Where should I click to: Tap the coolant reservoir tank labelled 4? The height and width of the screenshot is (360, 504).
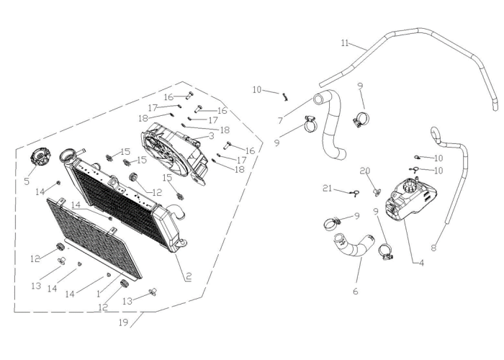411,200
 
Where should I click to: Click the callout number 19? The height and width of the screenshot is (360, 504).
123,323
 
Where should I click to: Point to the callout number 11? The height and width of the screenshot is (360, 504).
345,43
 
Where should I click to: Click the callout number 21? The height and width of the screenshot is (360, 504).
327,189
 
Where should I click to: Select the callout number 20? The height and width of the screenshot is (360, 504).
365,171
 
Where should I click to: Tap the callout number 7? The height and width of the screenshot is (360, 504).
280,120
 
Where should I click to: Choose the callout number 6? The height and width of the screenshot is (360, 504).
355,292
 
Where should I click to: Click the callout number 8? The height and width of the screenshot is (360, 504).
434,248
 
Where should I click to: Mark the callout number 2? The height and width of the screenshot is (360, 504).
189,276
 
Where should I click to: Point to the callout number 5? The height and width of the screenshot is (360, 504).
27,181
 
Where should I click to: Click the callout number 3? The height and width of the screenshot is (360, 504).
211,136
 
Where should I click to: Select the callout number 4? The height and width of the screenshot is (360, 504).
421,263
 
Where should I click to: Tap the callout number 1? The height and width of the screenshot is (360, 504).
99,294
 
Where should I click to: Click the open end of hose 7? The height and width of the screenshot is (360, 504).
318,99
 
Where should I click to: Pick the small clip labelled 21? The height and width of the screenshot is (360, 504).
354,193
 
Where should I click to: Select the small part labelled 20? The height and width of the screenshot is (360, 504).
377,192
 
